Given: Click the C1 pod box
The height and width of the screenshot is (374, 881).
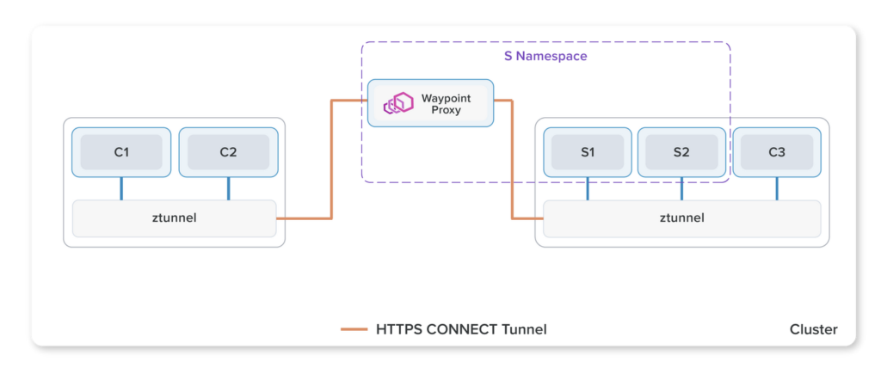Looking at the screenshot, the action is click(121, 152).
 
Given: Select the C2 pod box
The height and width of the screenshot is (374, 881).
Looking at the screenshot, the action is click(228, 152).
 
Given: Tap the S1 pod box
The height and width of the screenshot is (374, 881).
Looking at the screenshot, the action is click(588, 152).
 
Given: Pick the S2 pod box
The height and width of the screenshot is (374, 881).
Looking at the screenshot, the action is click(681, 152).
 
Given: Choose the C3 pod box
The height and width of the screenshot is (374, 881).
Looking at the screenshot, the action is click(777, 152).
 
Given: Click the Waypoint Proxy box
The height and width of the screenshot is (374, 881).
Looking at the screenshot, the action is click(430, 103).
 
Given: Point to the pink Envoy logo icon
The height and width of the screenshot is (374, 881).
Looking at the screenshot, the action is click(398, 104).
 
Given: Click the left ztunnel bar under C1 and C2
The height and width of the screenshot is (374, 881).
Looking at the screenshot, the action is click(174, 218).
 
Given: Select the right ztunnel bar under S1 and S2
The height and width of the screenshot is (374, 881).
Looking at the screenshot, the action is click(682, 218).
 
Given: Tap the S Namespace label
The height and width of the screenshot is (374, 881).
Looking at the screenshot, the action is click(545, 57).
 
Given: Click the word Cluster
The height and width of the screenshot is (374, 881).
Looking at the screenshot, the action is click(814, 329).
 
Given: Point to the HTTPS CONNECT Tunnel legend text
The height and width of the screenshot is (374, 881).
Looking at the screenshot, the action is click(461, 329).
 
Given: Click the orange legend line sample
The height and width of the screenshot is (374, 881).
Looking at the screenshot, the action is click(354, 329).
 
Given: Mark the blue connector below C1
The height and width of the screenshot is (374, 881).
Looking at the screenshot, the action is click(121, 188).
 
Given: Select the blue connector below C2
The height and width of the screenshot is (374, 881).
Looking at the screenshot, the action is click(228, 188).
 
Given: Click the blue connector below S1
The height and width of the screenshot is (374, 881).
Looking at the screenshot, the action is click(588, 188).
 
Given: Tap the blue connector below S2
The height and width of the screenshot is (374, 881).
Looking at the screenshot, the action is click(681, 188).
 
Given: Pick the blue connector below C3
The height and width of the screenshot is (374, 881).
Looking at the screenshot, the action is click(777, 188).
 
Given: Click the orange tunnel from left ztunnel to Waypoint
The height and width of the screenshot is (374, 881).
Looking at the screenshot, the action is click(331, 159).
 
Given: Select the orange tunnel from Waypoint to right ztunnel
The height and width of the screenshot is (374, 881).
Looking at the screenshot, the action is click(513, 159).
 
